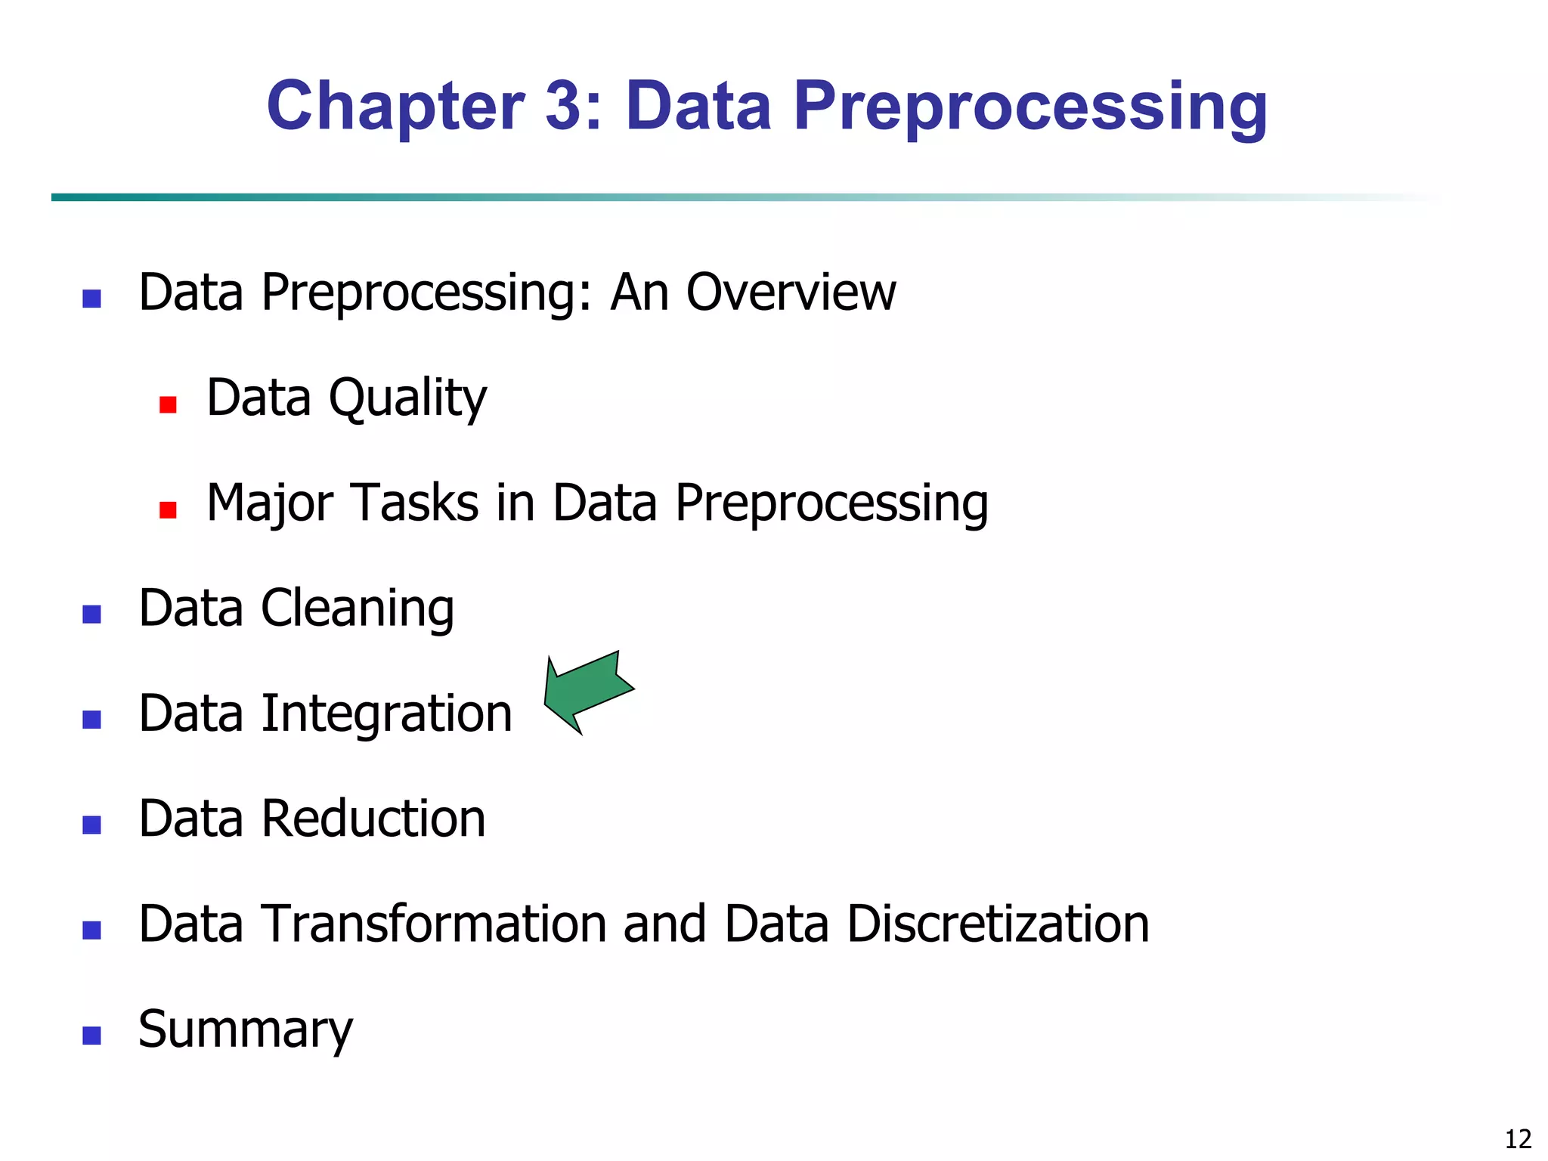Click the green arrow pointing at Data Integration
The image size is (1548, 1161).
[x=587, y=691]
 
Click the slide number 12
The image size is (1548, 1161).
[x=1518, y=1138]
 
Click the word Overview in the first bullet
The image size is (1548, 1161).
[x=791, y=293]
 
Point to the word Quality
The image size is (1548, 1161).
[x=408, y=398]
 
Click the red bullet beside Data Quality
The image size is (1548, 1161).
[x=168, y=404]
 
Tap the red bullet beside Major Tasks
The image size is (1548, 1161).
[x=168, y=509]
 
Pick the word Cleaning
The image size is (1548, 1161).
[x=357, y=608]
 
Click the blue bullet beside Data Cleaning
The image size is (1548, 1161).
[x=91, y=614]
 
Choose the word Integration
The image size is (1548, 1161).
[x=386, y=714]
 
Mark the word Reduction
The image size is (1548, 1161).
[x=373, y=819]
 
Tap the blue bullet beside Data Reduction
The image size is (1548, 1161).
[x=91, y=825]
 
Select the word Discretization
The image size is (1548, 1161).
[x=997, y=924]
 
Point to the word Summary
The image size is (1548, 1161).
[x=245, y=1030]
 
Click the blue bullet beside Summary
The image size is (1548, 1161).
[x=91, y=1036]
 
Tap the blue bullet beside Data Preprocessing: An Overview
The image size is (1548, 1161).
[x=91, y=299]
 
